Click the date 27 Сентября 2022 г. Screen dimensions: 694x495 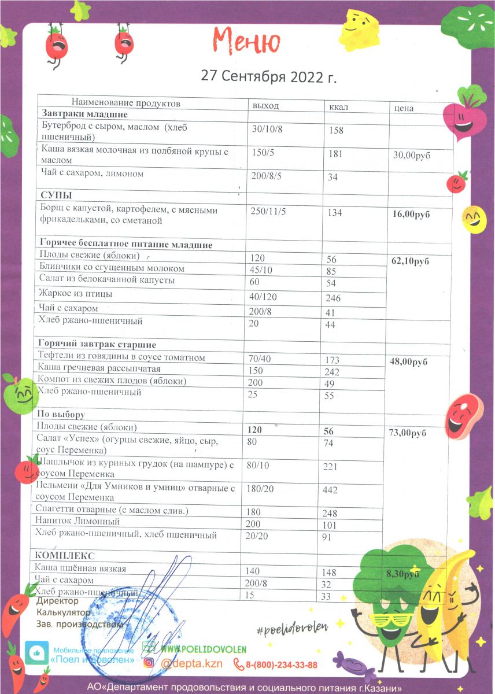pos(268,76)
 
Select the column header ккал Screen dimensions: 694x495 pos(339,106)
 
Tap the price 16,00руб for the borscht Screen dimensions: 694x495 pos(411,214)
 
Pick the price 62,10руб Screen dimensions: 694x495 pos(411,261)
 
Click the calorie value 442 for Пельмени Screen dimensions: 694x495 pos(331,490)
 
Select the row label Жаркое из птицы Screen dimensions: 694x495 pos(75,294)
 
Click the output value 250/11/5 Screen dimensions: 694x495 pos(268,212)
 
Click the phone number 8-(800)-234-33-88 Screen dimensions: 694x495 pos(280,665)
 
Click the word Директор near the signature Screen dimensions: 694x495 pos(57,601)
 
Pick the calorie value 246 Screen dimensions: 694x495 pos(333,298)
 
